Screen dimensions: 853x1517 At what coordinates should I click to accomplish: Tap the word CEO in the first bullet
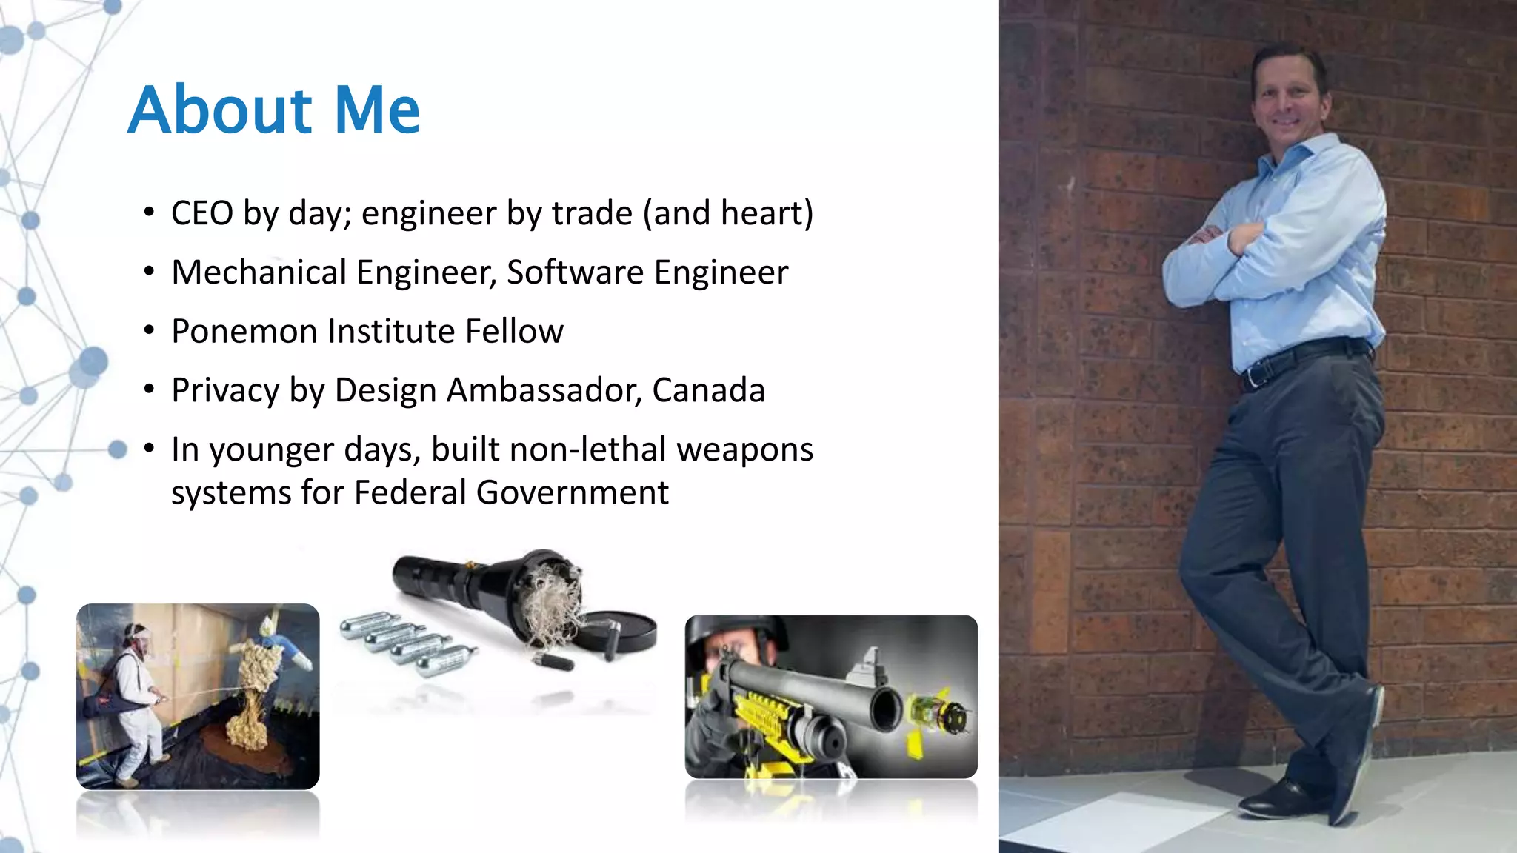point(201,213)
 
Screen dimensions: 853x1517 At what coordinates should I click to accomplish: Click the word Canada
point(708,390)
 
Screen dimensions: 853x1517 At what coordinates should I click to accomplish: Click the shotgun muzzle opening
point(886,709)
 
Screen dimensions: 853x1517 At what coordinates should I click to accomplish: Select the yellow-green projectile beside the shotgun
point(939,715)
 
